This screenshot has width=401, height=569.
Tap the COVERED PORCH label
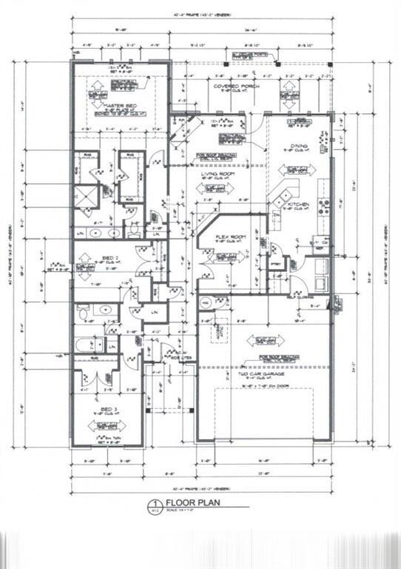(x=230, y=87)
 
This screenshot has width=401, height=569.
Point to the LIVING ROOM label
(x=218, y=173)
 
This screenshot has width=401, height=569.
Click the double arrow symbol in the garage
(x=266, y=340)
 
